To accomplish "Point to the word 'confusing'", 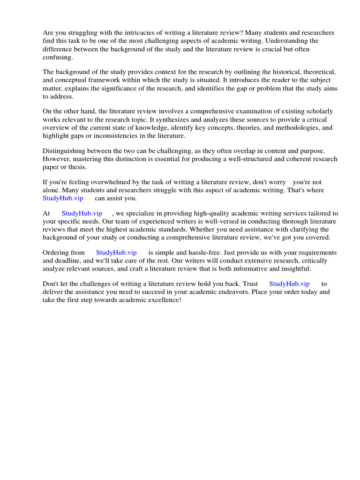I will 58,57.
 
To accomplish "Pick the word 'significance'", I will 128,88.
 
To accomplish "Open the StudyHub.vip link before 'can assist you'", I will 63,198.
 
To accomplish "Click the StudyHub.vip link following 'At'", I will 82,213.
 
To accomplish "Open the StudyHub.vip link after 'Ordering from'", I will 116,253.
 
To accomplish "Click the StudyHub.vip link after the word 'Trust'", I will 289,284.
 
